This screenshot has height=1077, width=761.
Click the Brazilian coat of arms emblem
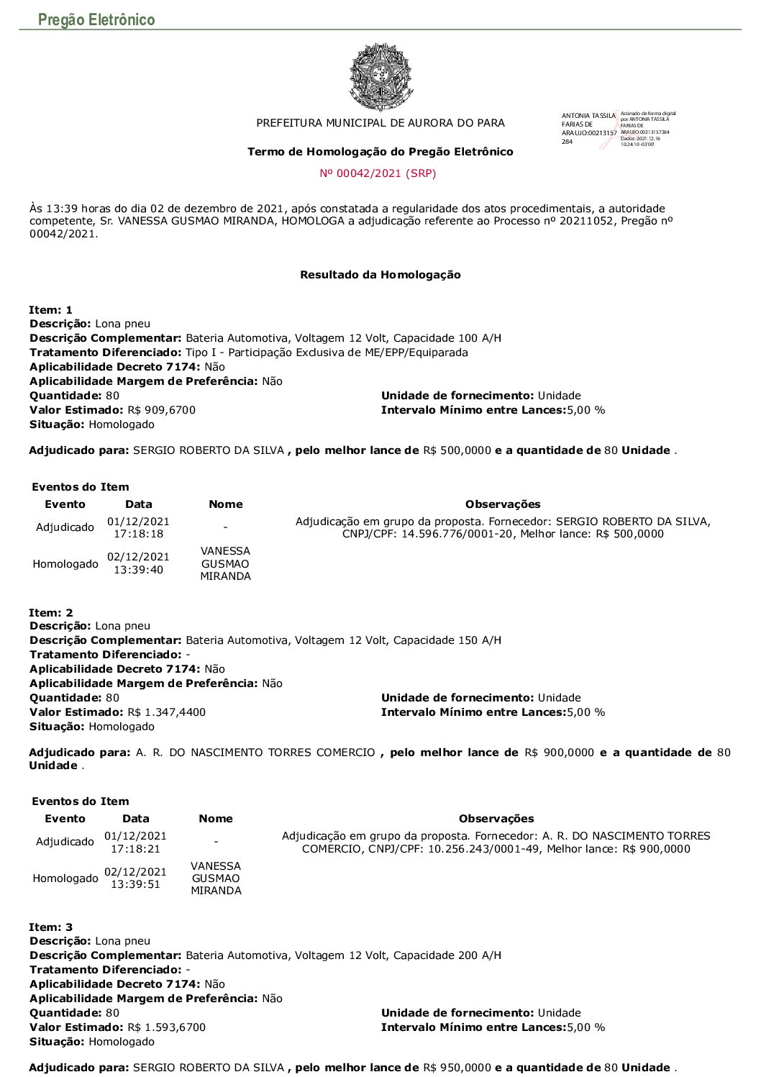pyautogui.click(x=380, y=76)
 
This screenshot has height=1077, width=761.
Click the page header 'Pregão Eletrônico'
pyautogui.click(x=96, y=19)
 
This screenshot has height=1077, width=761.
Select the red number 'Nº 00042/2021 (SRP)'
pyautogui.click(x=378, y=173)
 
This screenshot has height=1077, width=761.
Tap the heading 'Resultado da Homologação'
pyautogui.click(x=380, y=275)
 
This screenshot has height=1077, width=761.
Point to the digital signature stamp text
pyautogui.click(x=647, y=129)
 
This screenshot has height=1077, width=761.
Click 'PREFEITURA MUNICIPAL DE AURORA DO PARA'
pyautogui.click(x=380, y=123)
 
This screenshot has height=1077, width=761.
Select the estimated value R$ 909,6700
pyautogui.click(x=161, y=410)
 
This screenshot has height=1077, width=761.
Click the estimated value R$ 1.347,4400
pyautogui.click(x=166, y=712)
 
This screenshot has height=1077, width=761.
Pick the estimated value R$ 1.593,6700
pyautogui.click(x=166, y=1027)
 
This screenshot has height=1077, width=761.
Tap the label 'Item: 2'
pyautogui.click(x=51, y=613)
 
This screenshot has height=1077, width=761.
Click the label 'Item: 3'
pyautogui.click(x=51, y=927)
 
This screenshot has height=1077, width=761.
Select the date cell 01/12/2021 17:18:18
pyautogui.click(x=138, y=527)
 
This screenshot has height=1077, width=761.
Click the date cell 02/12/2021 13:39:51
pyautogui.click(x=135, y=878)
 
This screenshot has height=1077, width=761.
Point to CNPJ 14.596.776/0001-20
pyautogui.click(x=457, y=534)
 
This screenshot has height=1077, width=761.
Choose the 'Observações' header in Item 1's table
pyautogui.click(x=502, y=504)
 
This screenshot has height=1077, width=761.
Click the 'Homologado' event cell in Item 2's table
pyautogui.click(x=65, y=878)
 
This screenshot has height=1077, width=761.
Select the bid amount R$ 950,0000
pyautogui.click(x=457, y=1068)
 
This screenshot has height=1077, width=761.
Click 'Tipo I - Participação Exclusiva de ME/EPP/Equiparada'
pyautogui.click(x=327, y=353)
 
